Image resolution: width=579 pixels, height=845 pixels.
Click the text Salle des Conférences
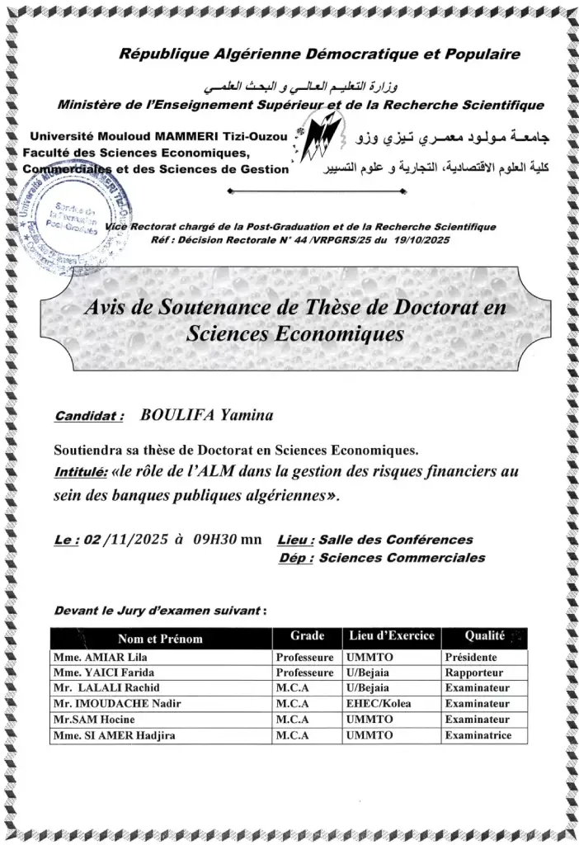pyautogui.click(x=396, y=540)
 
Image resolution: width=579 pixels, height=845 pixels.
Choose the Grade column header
pyautogui.click(x=307, y=636)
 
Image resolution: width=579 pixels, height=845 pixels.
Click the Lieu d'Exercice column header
pyautogui.click(x=392, y=636)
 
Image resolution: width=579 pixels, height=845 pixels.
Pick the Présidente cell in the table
pyautogui.click(x=470, y=659)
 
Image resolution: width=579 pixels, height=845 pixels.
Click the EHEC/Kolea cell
pyautogui.click(x=379, y=704)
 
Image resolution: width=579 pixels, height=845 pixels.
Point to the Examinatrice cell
pyautogui.click(x=478, y=735)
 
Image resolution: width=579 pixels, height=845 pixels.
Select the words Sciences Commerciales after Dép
pyautogui.click(x=402, y=558)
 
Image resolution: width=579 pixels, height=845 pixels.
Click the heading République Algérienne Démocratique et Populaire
pyautogui.click(x=320, y=54)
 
